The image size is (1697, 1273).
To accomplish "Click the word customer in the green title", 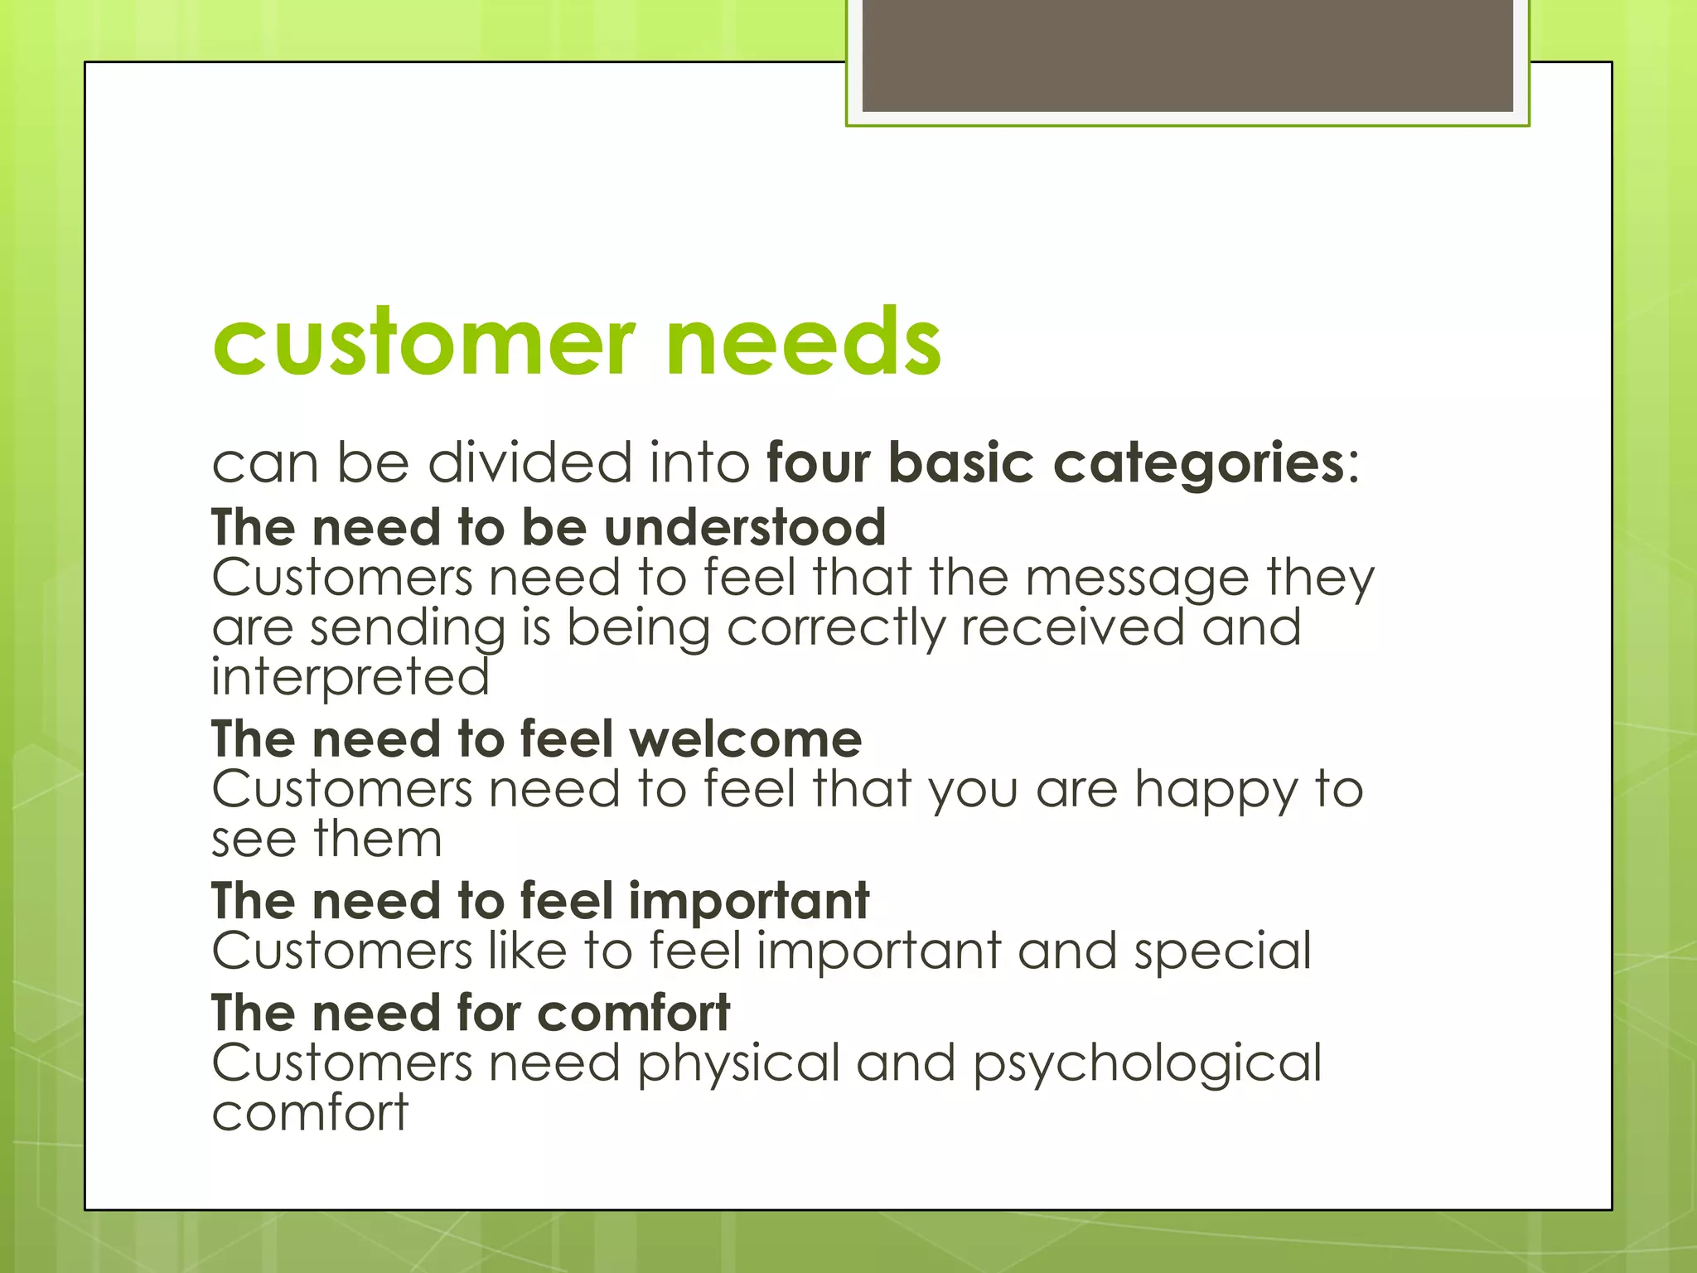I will click(x=423, y=342).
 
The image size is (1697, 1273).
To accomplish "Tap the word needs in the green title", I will click(x=803, y=342).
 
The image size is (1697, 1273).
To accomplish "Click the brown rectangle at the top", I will click(x=1187, y=55).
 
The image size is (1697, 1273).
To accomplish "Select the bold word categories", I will click(x=1198, y=464).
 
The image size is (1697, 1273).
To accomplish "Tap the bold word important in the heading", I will click(x=748, y=901).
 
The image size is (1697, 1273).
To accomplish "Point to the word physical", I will click(x=738, y=1064).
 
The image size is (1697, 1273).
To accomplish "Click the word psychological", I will click(x=1147, y=1064).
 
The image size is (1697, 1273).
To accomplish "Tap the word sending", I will click(x=407, y=629).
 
